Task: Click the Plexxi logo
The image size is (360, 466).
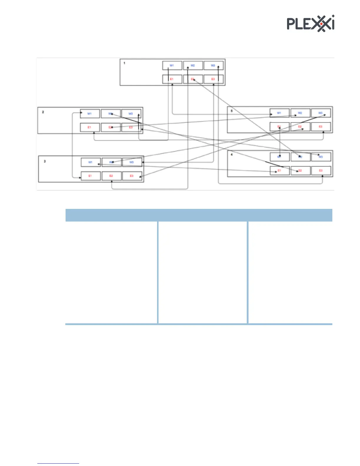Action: pyautogui.click(x=311, y=23)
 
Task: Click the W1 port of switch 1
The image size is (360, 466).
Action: pyautogui.click(x=172, y=65)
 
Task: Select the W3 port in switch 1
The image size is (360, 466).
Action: pyautogui.click(x=213, y=65)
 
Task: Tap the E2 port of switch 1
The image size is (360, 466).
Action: pyautogui.click(x=193, y=79)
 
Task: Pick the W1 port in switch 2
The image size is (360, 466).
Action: pyautogui.click(x=90, y=114)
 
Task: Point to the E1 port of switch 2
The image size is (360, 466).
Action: pyautogui.click(x=90, y=127)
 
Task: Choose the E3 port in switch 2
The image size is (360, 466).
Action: pyautogui.click(x=131, y=127)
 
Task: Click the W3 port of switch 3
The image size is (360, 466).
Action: pyautogui.click(x=132, y=162)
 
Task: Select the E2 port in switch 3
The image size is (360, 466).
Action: pyautogui.click(x=111, y=176)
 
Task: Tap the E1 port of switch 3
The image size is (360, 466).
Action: pyautogui.click(x=90, y=176)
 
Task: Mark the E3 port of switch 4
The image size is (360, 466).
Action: pyautogui.click(x=321, y=171)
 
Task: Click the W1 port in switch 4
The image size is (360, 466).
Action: pyautogui.click(x=279, y=157)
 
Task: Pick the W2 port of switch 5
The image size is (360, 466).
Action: pyautogui.click(x=300, y=113)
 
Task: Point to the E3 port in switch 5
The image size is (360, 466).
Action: pyautogui.click(x=321, y=127)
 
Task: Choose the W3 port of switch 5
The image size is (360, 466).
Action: pyautogui.click(x=321, y=113)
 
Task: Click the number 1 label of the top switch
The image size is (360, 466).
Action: pyautogui.click(x=124, y=63)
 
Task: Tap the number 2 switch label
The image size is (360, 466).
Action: pyautogui.click(x=43, y=112)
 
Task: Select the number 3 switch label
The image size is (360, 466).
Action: pyautogui.click(x=45, y=161)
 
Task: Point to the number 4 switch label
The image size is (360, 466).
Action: pyautogui.click(x=232, y=154)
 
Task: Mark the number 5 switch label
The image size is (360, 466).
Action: pyautogui.click(x=232, y=111)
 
